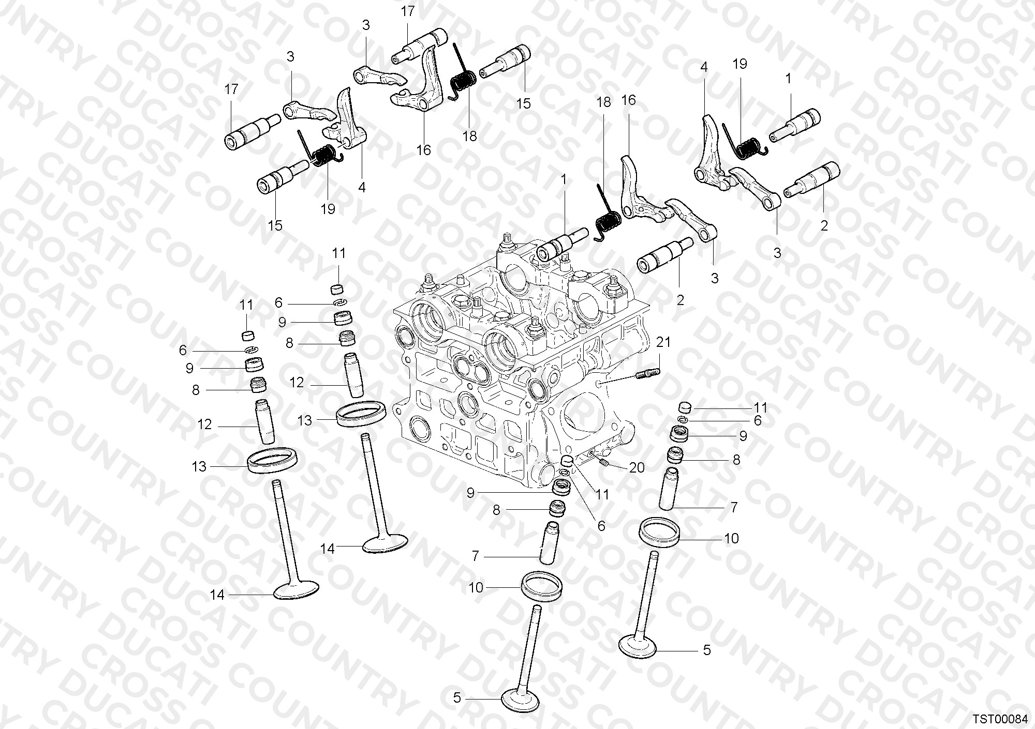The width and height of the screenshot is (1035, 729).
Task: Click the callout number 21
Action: (x=663, y=342)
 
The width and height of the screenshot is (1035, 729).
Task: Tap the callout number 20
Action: (x=637, y=467)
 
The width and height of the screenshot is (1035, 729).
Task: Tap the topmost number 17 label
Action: (x=408, y=11)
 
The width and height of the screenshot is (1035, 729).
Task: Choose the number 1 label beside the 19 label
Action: (x=788, y=79)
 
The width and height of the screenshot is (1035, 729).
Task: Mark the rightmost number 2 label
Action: (x=824, y=225)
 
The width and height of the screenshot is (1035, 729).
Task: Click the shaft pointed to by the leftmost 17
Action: (x=252, y=132)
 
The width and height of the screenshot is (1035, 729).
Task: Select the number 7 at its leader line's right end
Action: (x=734, y=508)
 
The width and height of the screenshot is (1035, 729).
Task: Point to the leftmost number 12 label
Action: (x=205, y=424)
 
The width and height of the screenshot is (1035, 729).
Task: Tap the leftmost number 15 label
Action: (x=275, y=225)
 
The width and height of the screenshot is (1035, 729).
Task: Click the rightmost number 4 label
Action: (x=704, y=67)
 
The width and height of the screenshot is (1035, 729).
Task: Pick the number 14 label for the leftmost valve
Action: (x=217, y=595)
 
